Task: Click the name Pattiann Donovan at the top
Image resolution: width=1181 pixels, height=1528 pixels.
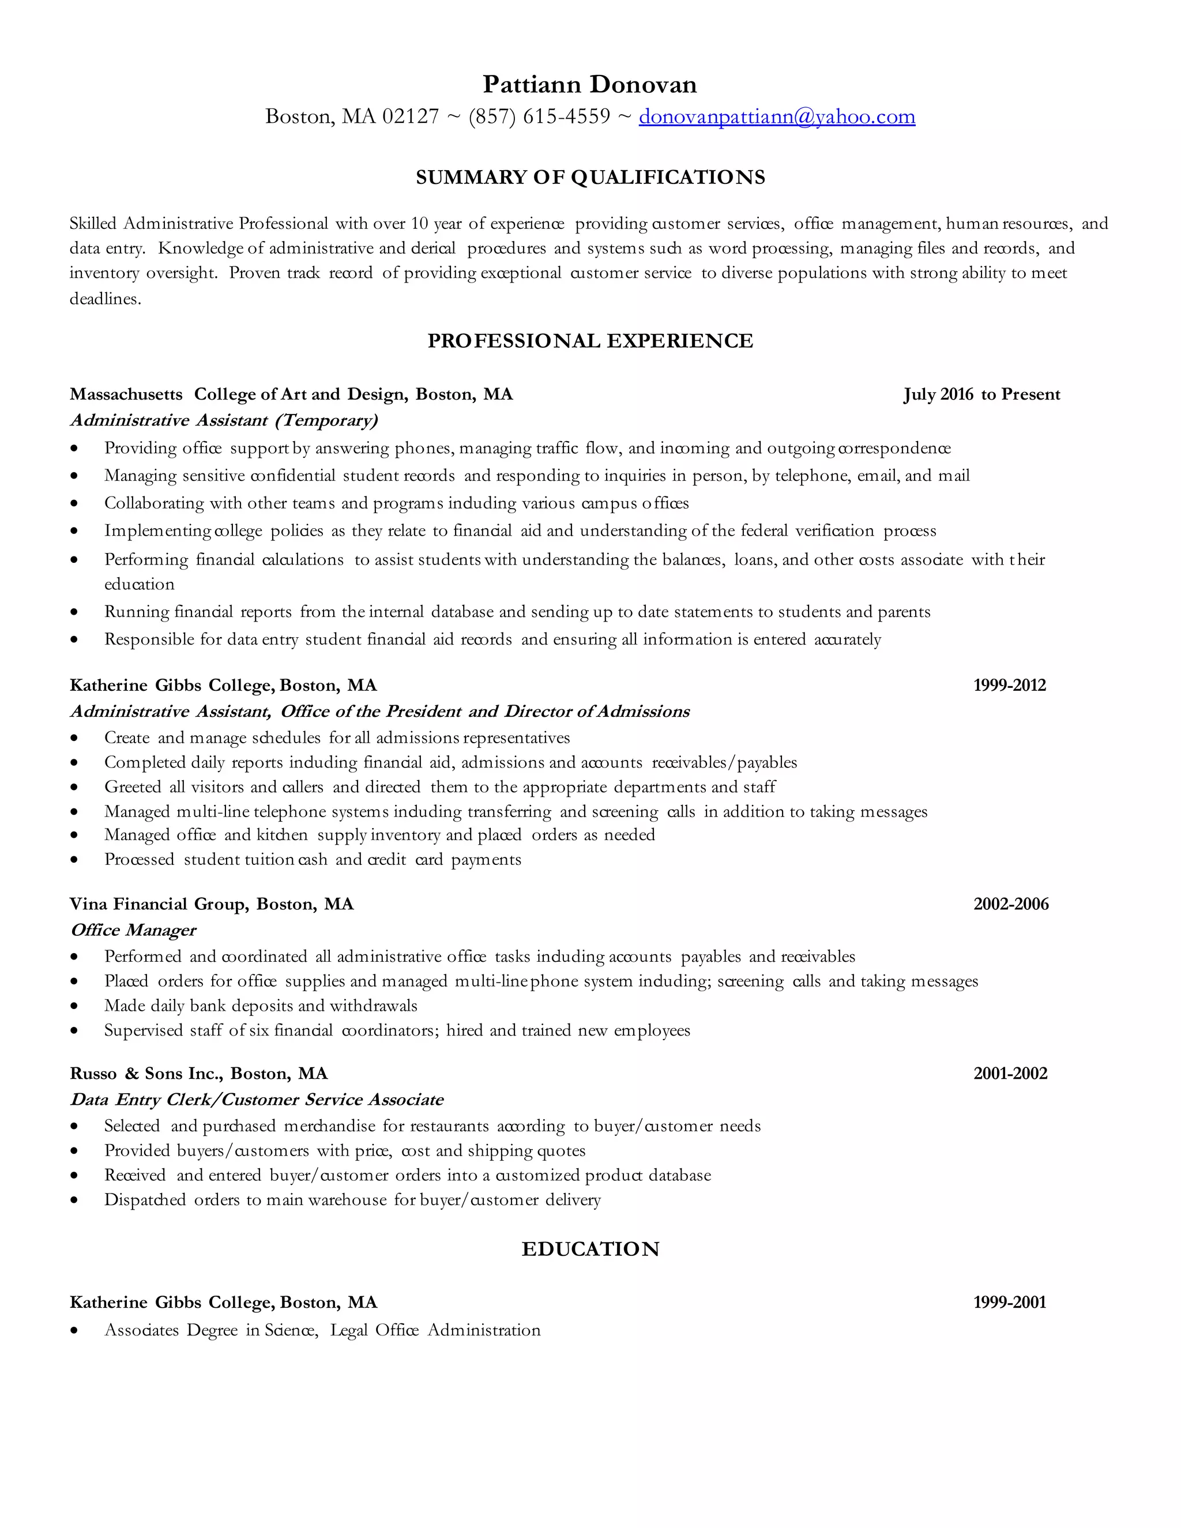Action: (590, 85)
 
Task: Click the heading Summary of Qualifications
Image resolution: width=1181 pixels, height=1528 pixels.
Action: (590, 177)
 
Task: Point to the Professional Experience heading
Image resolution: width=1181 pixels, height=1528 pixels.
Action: (590, 341)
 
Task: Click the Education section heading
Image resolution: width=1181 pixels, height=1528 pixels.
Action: (590, 1249)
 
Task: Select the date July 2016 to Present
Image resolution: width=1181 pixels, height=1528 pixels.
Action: (981, 394)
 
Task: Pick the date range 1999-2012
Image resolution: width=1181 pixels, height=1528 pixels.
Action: (1010, 685)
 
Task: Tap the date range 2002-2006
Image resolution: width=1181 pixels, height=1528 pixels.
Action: (1011, 904)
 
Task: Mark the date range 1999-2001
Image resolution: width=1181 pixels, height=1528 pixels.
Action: (1010, 1302)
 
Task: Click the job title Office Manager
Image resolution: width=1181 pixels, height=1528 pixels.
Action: (133, 930)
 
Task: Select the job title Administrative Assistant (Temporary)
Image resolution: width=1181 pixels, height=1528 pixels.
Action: (224, 420)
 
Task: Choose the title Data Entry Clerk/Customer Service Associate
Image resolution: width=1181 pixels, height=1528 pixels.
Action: (257, 1099)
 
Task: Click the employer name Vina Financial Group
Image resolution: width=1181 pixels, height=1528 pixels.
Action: (158, 904)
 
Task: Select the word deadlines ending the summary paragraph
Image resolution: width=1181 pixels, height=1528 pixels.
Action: (104, 299)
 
